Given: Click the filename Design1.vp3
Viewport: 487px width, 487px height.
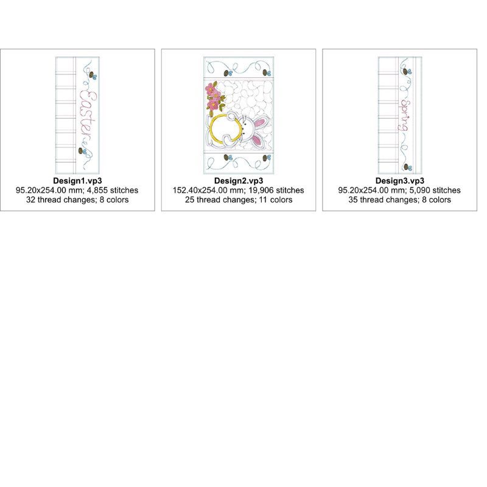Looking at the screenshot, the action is [x=77, y=181].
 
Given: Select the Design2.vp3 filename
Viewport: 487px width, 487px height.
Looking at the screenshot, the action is [x=239, y=181].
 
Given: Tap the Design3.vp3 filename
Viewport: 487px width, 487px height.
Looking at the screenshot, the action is [x=400, y=181].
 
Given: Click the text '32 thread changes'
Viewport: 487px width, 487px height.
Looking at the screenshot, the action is [x=60, y=200].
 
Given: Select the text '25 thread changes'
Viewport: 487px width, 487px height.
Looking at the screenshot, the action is [x=220, y=200].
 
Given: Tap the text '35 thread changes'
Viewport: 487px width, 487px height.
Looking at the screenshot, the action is [x=383, y=200].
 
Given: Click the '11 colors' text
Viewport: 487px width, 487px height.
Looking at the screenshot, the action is [x=276, y=200].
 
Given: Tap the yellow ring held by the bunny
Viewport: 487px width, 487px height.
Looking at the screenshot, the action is [x=210, y=128].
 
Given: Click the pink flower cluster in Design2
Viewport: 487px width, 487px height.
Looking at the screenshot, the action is [x=214, y=97].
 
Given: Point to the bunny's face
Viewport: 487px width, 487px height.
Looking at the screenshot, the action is [x=247, y=127].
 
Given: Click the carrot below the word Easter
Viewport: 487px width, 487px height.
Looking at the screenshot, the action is [x=82, y=151].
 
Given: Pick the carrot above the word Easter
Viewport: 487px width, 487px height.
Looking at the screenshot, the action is [x=93, y=75].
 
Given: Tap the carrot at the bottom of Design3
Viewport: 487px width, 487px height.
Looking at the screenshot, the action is [x=408, y=167].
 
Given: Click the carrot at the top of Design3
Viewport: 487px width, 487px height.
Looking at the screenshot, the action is [x=407, y=71].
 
